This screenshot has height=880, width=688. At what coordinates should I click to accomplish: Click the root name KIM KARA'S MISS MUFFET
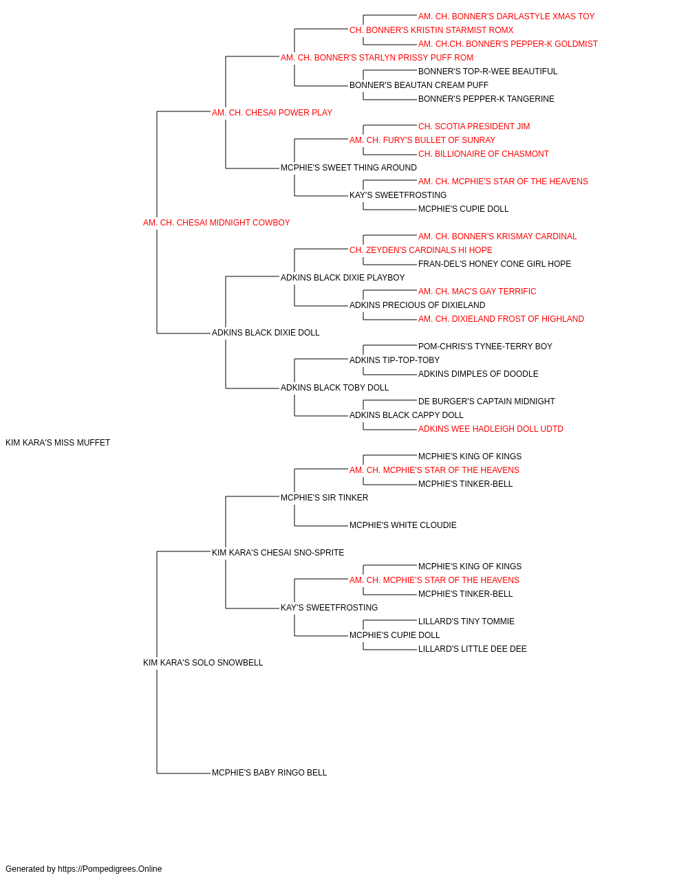pyautogui.click(x=58, y=443)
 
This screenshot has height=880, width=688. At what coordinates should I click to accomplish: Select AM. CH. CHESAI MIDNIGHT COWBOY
pyautogui.click(x=216, y=223)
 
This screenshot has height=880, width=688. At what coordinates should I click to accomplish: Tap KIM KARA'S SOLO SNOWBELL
pyautogui.click(x=203, y=663)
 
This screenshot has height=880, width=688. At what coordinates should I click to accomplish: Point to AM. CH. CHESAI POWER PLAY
pyautogui.click(x=272, y=113)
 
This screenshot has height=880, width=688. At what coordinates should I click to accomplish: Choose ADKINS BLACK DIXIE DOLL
pyautogui.click(x=266, y=333)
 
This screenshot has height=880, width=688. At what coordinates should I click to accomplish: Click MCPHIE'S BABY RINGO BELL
pyautogui.click(x=269, y=773)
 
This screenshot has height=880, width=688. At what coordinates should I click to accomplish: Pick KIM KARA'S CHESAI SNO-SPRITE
pyautogui.click(x=277, y=553)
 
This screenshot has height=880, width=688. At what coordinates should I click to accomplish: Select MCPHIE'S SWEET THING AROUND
pyautogui.click(x=348, y=168)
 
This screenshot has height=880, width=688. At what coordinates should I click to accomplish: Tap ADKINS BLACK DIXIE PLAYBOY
pyautogui.click(x=343, y=278)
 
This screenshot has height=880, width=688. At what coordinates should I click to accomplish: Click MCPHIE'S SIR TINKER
pyautogui.click(x=324, y=498)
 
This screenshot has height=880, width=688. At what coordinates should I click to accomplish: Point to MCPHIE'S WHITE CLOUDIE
pyautogui.click(x=402, y=525)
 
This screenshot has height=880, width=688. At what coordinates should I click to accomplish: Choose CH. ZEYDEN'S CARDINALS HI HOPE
pyautogui.click(x=420, y=250)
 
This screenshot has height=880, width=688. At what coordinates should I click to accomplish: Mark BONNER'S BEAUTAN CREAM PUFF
pyautogui.click(x=418, y=85)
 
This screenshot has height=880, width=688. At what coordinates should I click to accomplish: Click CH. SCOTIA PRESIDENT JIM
pyautogui.click(x=473, y=126)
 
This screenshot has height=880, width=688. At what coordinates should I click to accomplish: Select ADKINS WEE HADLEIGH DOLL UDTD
pyautogui.click(x=491, y=429)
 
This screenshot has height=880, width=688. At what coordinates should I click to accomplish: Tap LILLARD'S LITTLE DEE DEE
pyautogui.click(x=472, y=649)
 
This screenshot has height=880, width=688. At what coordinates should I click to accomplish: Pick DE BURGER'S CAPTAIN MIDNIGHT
pyautogui.click(x=486, y=401)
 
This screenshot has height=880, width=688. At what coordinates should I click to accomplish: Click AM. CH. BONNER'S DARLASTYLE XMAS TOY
pyautogui.click(x=506, y=16)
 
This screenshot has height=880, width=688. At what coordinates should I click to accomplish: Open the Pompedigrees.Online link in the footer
pyautogui.click(x=109, y=869)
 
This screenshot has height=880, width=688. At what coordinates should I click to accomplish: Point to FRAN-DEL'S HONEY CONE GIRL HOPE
pyautogui.click(x=494, y=264)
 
